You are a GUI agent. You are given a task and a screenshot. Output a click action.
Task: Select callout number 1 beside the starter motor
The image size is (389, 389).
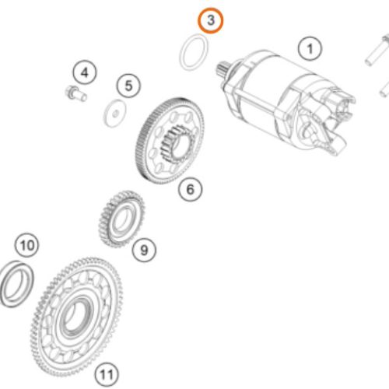click(310, 51)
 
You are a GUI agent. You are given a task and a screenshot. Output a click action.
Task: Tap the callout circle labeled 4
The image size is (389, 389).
click(83, 74)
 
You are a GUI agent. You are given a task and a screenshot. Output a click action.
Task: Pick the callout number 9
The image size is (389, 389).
click(142, 250)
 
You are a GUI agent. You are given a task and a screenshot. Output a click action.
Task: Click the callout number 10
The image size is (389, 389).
click(27, 247)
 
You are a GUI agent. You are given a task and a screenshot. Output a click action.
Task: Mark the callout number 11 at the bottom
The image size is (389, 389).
click(108, 374)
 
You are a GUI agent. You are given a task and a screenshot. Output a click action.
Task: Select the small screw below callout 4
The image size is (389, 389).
click(72, 95)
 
